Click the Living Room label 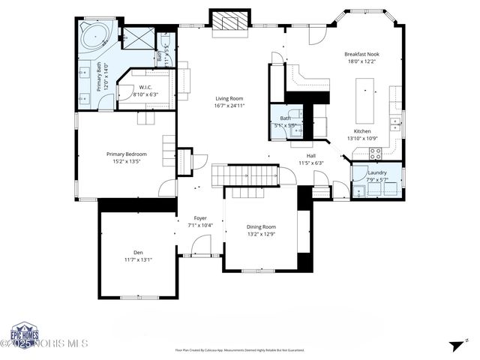229,98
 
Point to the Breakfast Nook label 361,54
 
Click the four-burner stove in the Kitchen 375,153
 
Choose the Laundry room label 377,172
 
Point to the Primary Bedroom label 126,154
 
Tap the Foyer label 200,218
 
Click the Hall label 310,155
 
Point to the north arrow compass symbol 454,345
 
